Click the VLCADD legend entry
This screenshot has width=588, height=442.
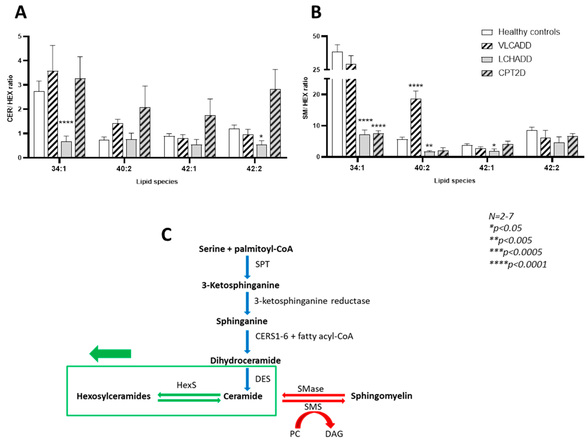click(514, 45)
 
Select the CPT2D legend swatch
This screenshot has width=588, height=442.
click(487, 73)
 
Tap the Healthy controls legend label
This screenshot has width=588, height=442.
click(529, 32)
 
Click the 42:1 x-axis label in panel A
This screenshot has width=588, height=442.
click(189, 168)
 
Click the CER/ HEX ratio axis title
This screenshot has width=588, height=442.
click(10, 99)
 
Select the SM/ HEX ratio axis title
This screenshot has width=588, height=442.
click(305, 98)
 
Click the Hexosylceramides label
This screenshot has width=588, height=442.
click(113, 396)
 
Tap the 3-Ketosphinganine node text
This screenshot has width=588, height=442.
click(240, 285)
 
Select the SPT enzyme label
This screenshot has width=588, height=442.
click(262, 264)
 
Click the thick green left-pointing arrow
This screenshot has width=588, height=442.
click(110, 354)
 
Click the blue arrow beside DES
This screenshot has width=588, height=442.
click(247, 379)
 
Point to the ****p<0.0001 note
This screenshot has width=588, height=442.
click(518, 264)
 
